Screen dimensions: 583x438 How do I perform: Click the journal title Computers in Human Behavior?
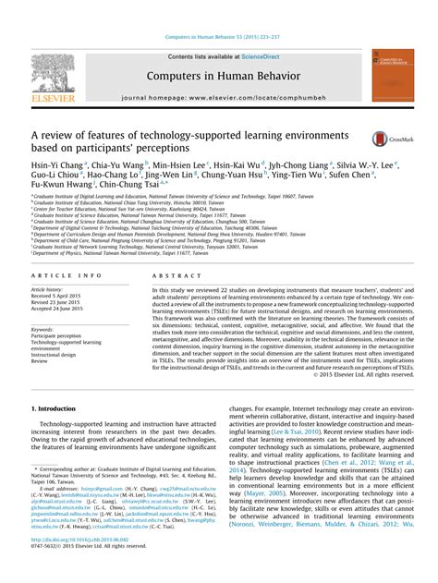click(x=218, y=77)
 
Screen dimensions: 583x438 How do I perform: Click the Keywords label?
click(x=44, y=328)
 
